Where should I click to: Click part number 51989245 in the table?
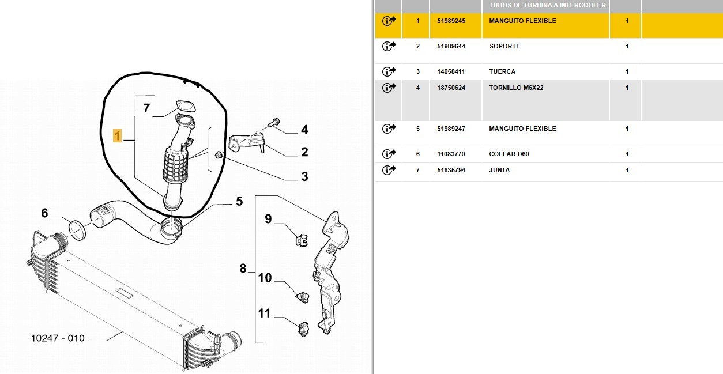451,21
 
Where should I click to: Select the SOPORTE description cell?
504,46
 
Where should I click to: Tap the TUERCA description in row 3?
502,71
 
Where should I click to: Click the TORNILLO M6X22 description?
516,88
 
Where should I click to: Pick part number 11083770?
451,154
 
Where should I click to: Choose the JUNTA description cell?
499,170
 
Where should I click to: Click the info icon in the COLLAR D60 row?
389,154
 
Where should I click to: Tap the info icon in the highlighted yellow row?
389,21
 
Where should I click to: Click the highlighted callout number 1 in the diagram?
117,136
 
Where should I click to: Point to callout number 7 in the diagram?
146,108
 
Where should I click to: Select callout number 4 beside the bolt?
304,130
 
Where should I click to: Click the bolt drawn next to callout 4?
274,123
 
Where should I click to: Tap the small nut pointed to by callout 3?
219,155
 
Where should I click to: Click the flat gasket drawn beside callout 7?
186,106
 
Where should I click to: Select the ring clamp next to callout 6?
77,230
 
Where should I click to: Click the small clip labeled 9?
302,240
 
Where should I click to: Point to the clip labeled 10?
303,297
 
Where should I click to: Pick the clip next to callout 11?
303,329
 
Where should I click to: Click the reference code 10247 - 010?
58,338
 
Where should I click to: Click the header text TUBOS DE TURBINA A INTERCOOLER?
547,5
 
